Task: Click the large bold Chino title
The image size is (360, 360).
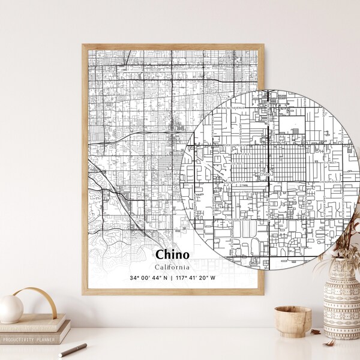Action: tap(172, 255)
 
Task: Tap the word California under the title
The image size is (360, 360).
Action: tap(172, 267)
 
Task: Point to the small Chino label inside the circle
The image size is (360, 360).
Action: tap(265, 175)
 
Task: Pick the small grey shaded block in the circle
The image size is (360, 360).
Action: tap(295, 130)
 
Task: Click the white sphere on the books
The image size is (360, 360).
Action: tap(11, 308)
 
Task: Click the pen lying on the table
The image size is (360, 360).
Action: tap(72, 350)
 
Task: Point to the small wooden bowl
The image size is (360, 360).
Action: tap(293, 321)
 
